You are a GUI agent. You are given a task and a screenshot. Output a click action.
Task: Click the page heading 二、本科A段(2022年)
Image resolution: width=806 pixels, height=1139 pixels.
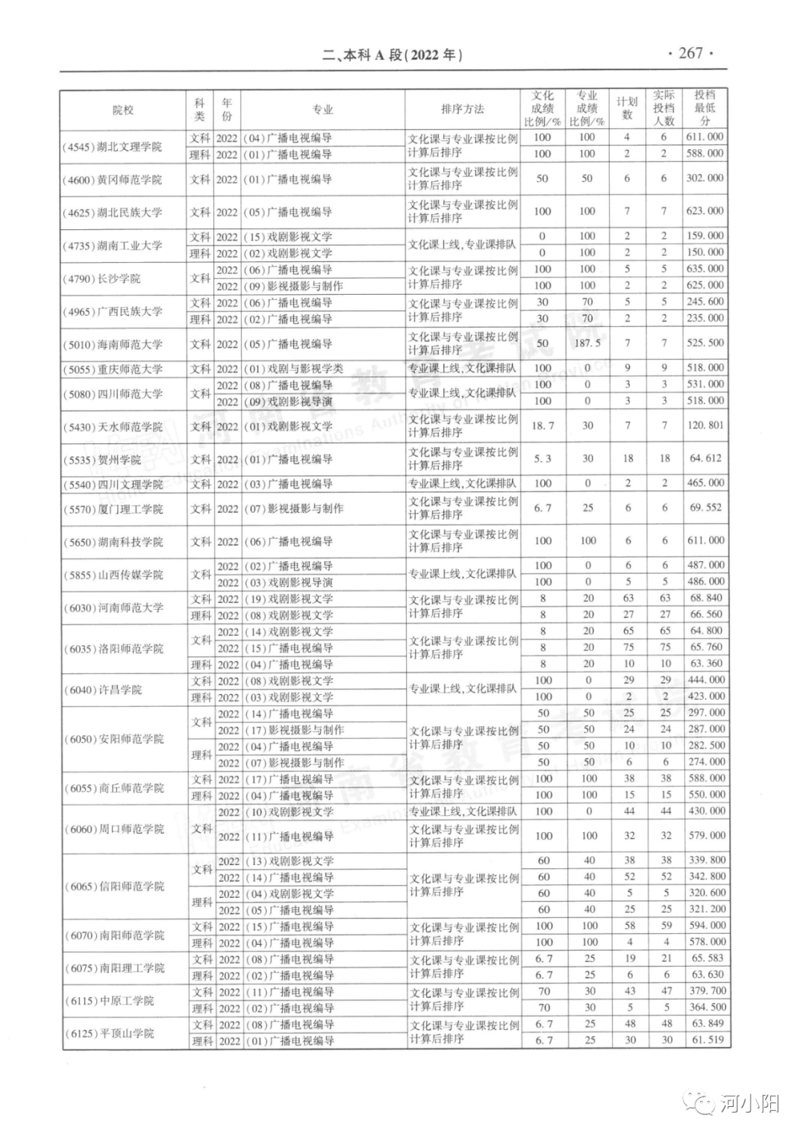click(x=393, y=54)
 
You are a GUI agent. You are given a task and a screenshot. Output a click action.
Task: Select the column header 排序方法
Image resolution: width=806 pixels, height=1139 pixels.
click(x=462, y=109)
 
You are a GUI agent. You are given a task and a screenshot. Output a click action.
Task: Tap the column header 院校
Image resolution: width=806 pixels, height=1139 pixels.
click(x=123, y=110)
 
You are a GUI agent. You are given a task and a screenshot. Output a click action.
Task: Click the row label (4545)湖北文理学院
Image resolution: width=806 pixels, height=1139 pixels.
click(x=112, y=146)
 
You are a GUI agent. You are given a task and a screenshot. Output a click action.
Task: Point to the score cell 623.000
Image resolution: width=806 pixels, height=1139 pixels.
click(x=705, y=211)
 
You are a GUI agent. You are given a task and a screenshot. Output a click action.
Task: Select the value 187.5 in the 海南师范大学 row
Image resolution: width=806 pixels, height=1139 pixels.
click(x=587, y=343)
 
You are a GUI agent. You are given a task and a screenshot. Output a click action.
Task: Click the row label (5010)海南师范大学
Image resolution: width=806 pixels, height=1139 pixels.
click(x=112, y=344)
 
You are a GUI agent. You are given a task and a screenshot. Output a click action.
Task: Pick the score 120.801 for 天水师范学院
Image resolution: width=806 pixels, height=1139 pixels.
click(x=705, y=425)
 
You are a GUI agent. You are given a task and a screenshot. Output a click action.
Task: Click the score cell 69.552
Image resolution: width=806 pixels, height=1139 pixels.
click(x=705, y=508)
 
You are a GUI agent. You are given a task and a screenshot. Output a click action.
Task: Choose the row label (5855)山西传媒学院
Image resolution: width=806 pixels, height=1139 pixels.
click(x=113, y=575)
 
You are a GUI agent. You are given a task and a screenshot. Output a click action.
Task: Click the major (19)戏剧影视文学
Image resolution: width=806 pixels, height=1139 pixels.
click(x=290, y=599)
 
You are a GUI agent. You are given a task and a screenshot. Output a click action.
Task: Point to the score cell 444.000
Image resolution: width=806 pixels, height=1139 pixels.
click(x=706, y=680)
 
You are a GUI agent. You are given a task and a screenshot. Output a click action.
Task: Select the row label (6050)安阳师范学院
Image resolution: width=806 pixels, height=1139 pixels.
click(x=113, y=739)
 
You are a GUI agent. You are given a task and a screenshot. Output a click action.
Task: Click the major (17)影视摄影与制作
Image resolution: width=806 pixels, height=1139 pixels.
click(x=295, y=730)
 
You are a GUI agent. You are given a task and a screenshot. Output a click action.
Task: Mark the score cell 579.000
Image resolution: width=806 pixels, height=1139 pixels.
click(x=706, y=836)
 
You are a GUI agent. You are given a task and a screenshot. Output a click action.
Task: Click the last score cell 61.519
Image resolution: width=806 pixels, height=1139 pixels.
click(x=706, y=1040)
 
